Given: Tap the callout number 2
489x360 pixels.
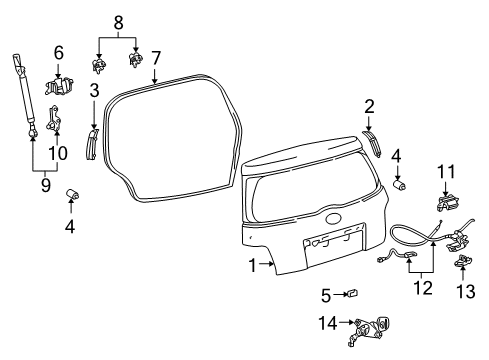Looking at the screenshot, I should (x=369, y=106).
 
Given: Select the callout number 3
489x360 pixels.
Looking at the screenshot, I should (x=94, y=91).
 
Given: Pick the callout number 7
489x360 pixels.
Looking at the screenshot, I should (x=155, y=58).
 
